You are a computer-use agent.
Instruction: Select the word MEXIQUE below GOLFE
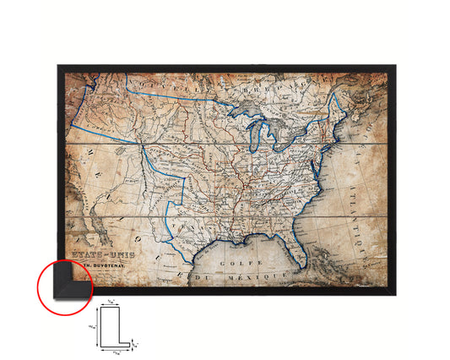239,275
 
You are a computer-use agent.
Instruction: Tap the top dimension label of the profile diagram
113,302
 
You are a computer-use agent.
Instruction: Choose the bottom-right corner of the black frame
392,292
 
